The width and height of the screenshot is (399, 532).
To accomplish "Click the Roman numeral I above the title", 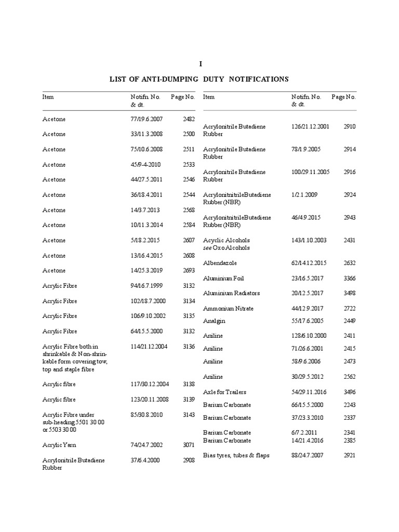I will coord(200,63).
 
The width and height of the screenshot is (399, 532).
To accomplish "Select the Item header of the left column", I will coord(48,97).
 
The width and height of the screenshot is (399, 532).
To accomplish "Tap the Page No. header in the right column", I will coord(343,97).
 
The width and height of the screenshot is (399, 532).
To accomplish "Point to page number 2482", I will coord(189,119).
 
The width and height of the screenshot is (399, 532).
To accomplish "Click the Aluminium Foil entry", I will coord(223,278).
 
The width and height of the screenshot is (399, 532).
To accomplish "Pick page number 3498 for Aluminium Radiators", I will coord(350,293).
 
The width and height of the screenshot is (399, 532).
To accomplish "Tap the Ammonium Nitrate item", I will coord(228,309).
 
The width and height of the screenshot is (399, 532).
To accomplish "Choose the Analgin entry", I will coord(214,321).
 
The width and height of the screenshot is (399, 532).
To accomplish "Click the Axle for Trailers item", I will coord(224,392).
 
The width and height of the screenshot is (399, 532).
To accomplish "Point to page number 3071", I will coord(189,445).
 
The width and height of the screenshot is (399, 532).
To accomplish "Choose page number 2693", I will coord(189,271).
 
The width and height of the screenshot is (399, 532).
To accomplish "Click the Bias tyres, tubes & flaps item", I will coord(236,455).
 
